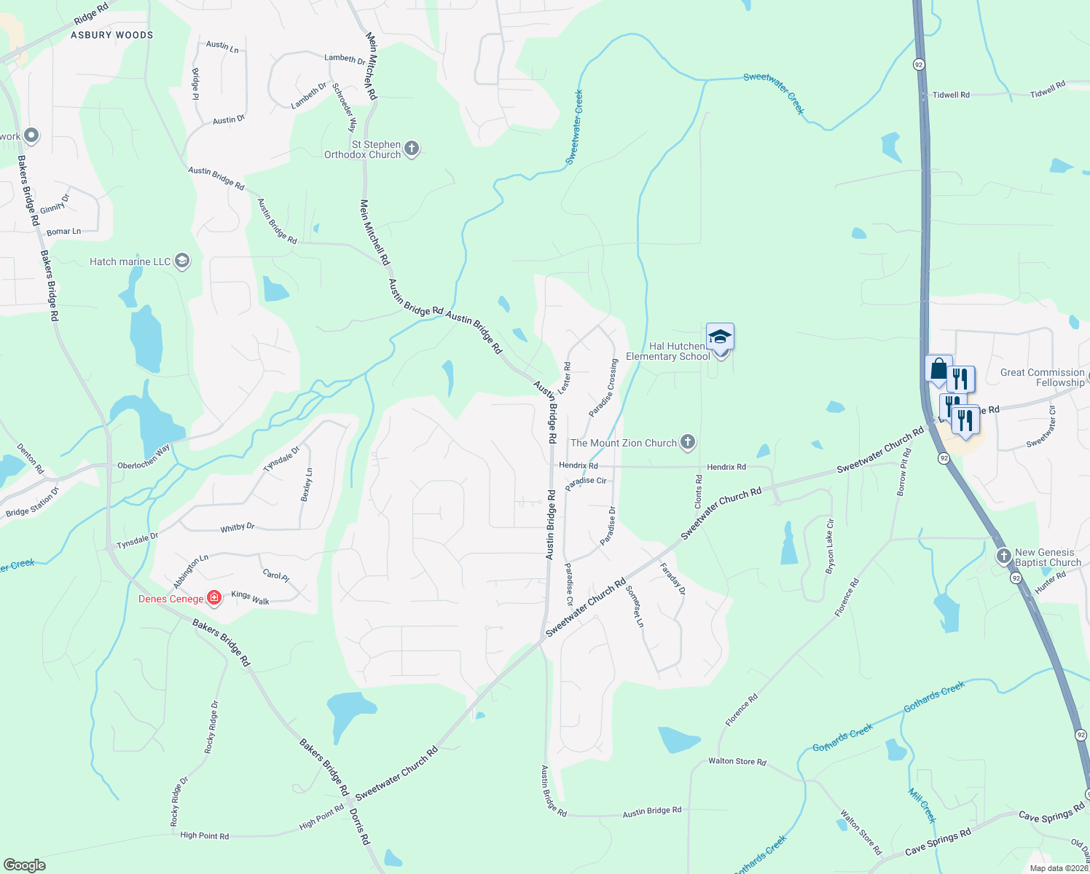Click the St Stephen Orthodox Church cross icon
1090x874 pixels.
412,149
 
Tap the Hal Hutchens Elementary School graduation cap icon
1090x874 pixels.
720,337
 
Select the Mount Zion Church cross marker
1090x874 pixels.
687,442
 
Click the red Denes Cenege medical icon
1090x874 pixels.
214,598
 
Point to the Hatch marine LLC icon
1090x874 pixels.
182,261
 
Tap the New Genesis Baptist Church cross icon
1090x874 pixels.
1004,557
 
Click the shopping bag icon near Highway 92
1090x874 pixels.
938,369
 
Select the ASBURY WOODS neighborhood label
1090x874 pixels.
112,35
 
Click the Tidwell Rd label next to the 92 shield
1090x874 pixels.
951,95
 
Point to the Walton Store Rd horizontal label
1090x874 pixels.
737,762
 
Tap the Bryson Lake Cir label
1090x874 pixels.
830,546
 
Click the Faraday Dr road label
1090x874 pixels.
673,579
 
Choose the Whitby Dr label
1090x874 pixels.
238,527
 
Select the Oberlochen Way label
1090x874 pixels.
144,457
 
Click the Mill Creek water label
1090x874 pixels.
922,805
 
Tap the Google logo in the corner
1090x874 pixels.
25,865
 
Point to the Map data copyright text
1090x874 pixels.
1058,868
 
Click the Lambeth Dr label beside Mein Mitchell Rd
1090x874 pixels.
345,58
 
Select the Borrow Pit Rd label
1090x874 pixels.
903,473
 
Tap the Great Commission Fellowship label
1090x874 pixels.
1043,377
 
